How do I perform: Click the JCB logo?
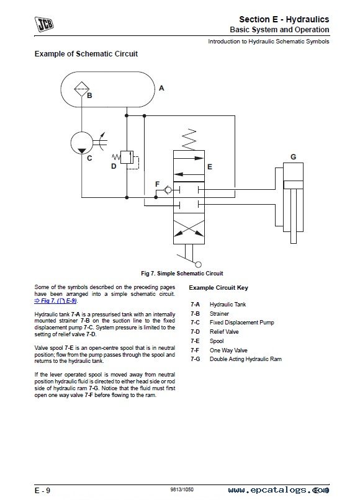(44, 24)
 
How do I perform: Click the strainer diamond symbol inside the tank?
(82, 89)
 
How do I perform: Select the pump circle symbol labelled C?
(82, 143)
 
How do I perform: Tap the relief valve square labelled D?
(127, 156)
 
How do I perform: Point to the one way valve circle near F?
(168, 190)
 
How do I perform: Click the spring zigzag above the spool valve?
(189, 140)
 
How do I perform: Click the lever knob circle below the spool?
(198, 264)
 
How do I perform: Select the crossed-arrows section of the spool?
(189, 229)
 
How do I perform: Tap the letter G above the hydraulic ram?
(294, 156)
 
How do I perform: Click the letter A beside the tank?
(161, 88)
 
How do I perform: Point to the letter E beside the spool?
(210, 167)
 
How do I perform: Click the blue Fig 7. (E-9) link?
(56, 301)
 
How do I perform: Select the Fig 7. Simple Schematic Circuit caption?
(182, 274)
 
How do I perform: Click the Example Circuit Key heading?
(218, 288)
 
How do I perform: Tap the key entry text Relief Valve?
(224, 332)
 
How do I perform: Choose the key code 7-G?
(196, 359)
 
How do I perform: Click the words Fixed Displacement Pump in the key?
(241, 323)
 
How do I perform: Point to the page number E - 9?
(42, 491)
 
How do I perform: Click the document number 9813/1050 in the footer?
(182, 489)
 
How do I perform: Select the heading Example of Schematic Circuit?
(86, 53)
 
